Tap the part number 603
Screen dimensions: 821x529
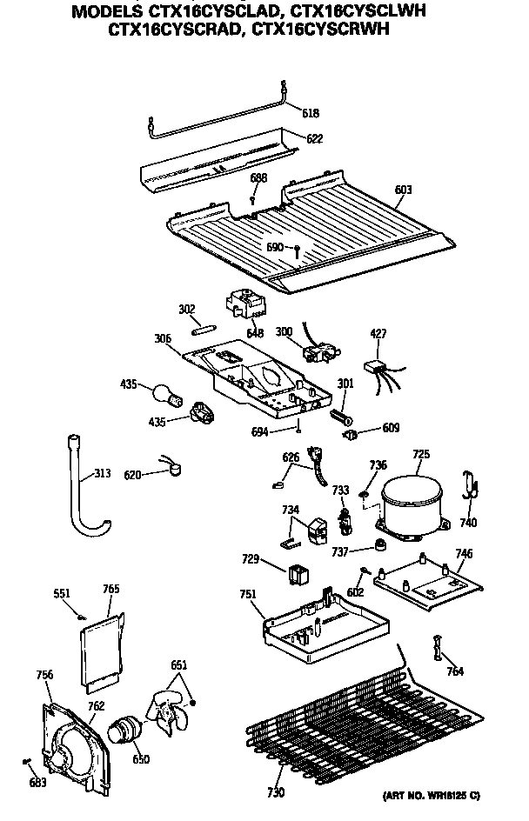tap(403, 190)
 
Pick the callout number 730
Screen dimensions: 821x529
tap(277, 792)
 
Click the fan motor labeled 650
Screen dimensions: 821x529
tap(126, 730)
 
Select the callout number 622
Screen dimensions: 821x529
tap(314, 137)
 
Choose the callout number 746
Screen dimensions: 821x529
tap(464, 553)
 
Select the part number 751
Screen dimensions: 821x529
tap(248, 594)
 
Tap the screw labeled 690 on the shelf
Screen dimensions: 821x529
tap(298, 251)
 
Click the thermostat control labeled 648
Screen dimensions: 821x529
tap(244, 306)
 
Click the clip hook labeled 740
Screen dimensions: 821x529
tap(470, 484)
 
